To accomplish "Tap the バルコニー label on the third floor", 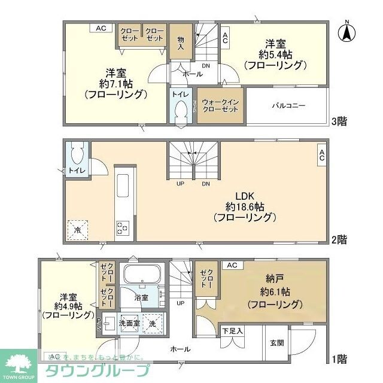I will coord(289,105).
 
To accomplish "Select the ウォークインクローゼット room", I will coord(221,106).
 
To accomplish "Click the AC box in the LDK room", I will coord(321,156).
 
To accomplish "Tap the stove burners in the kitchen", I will coord(122,227).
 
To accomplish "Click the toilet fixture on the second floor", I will coord(77,155).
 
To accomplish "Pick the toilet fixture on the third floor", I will coord(180,111).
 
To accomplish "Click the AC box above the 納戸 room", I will coord(232,265).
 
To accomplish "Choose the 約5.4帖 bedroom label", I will coord(276,54).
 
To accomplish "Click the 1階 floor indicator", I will coord(339,359).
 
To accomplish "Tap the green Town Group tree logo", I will coord(19,361).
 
